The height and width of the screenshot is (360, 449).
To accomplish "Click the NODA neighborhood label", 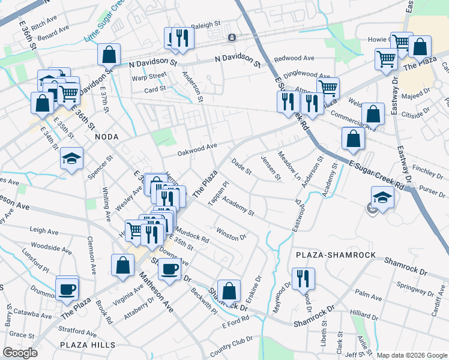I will pos(107,137).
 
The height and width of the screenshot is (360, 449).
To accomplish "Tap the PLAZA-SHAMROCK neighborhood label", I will pos(336,255).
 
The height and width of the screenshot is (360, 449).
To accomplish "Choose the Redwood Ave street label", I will pos(294,59).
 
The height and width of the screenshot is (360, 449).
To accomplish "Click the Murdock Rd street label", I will pos(191,236).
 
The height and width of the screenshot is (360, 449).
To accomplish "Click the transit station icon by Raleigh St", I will pos(231,38).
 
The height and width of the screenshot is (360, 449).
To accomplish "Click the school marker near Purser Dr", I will pos(382,197).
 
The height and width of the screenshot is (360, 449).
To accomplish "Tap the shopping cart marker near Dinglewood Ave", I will pos(328,88).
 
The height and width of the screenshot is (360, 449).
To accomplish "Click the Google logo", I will pos(20,353).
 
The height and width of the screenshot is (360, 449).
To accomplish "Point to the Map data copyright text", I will pos(412,355).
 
